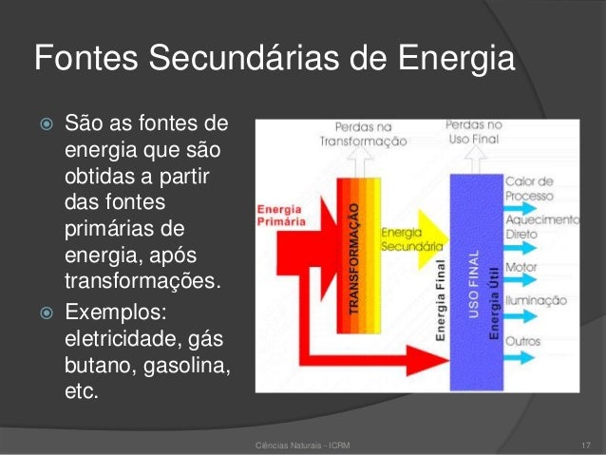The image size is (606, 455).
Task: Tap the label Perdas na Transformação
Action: pos(363,133)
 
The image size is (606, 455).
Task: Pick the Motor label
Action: pos(522,267)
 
